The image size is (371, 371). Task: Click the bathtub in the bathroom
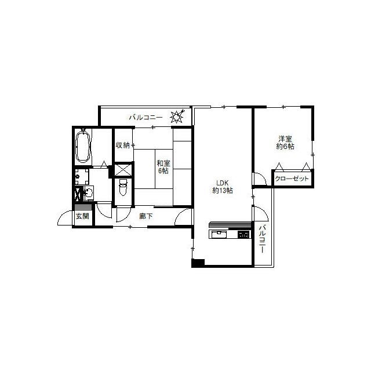point(82,146)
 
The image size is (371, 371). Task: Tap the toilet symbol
point(123,187)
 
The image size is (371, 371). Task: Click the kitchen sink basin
point(219,234)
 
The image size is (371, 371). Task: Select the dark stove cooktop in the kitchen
point(243,234)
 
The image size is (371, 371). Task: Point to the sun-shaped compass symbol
point(177,116)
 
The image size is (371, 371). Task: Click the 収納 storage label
point(122,145)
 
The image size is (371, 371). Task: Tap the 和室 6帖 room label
point(163,167)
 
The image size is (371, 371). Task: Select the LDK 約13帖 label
point(223,187)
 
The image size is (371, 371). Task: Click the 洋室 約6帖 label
point(285,143)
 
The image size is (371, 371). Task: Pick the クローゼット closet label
point(292,179)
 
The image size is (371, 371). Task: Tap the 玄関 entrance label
point(82,216)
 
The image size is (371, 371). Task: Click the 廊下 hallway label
point(146,216)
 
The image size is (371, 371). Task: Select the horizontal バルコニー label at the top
point(146,117)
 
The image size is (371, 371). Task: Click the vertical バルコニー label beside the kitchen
point(262,239)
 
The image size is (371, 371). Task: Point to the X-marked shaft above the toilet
point(123,170)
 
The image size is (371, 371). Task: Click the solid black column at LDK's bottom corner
point(198,263)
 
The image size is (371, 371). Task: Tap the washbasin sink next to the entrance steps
point(89,193)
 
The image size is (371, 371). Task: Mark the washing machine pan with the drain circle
point(82,176)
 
